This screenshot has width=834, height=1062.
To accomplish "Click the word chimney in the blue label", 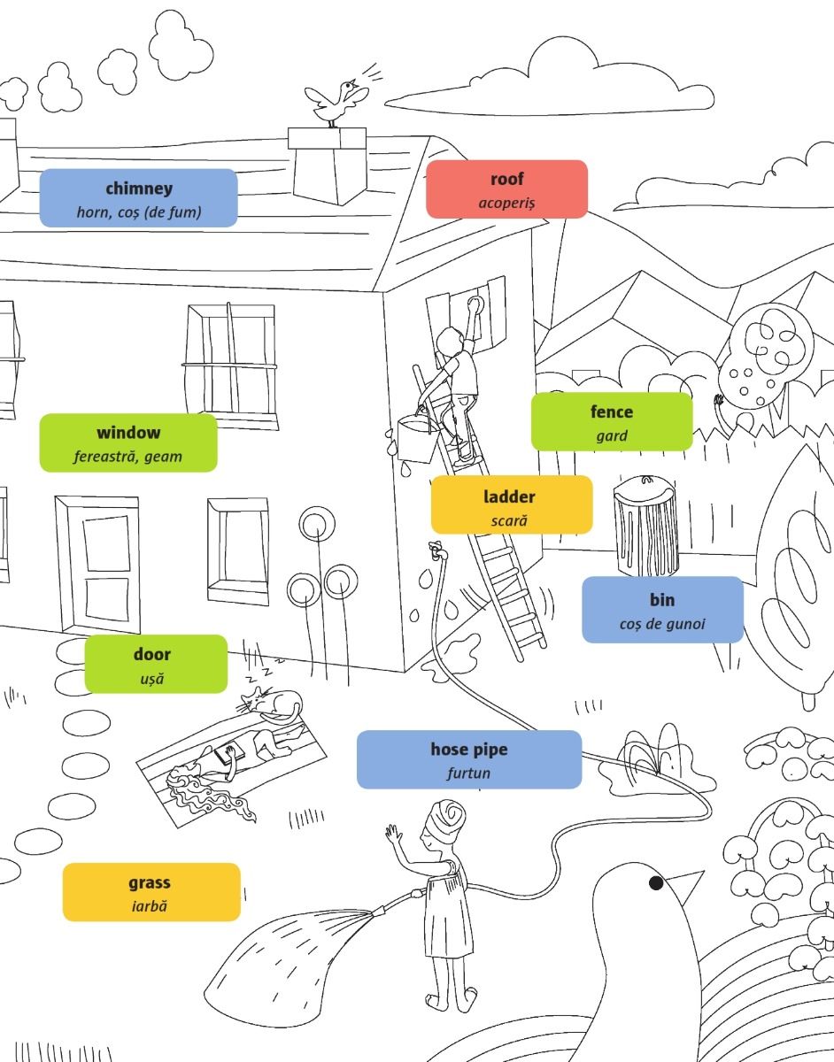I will tap(139, 189).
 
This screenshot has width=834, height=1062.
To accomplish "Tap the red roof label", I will tap(506, 189).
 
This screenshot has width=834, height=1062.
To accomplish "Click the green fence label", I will tap(611, 422).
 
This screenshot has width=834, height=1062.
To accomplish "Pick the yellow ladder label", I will tap(511, 504).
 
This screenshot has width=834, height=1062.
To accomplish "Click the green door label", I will tap(156, 664).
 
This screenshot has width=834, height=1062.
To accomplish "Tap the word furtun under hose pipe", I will tap(468, 773).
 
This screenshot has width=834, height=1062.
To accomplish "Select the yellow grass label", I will tap(151, 892).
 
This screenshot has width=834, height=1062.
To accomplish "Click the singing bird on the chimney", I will tap(336, 103).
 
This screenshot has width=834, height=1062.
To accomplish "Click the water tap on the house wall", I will tap(436, 550).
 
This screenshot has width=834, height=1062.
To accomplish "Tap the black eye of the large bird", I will tap(656, 883).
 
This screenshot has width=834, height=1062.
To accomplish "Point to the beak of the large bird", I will tap(685, 886).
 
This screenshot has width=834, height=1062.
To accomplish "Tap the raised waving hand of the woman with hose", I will tap(393, 833).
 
